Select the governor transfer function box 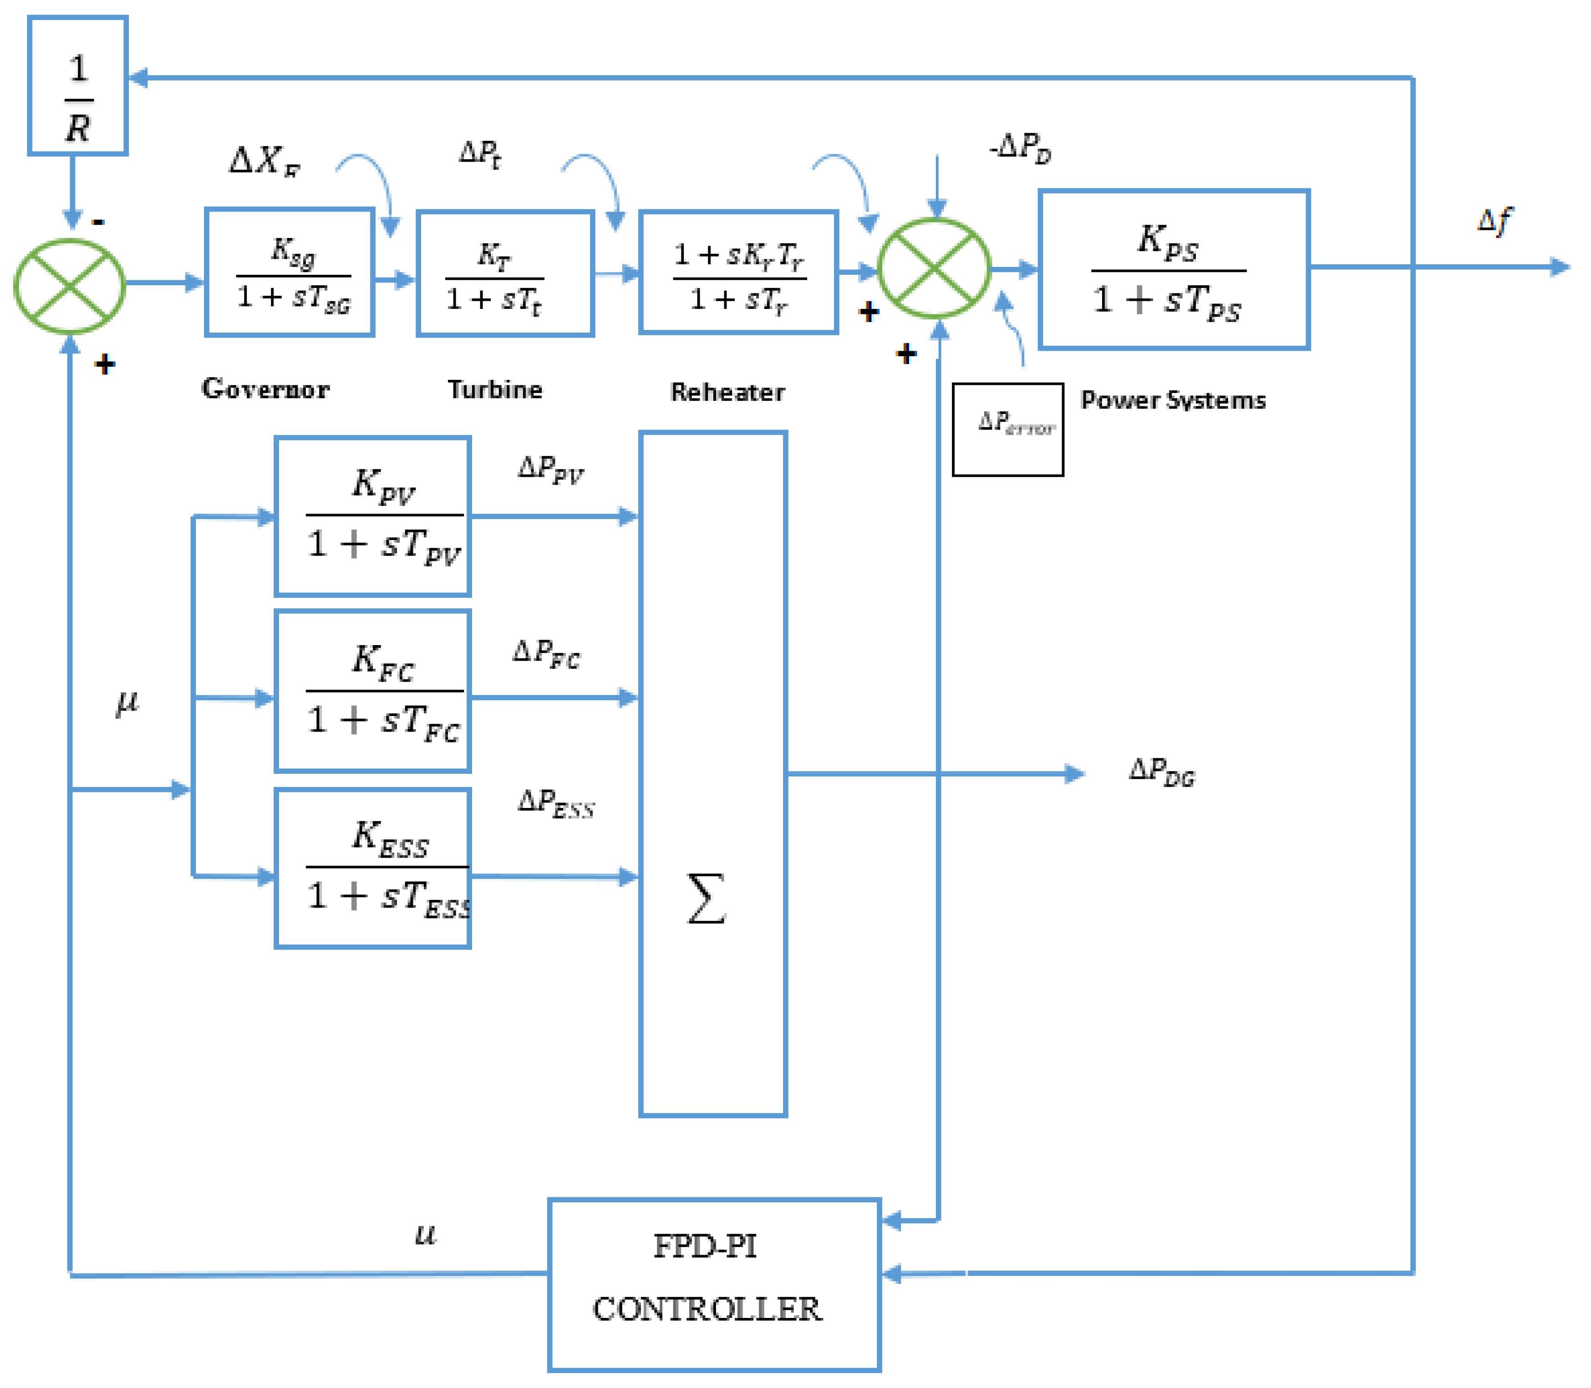[290, 273]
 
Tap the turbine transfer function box [505, 273]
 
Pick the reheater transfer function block [738, 273]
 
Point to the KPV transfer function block [373, 517]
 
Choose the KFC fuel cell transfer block [373, 691]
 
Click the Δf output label [1494, 221]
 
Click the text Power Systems [1173, 400]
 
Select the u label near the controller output [425, 1234]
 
